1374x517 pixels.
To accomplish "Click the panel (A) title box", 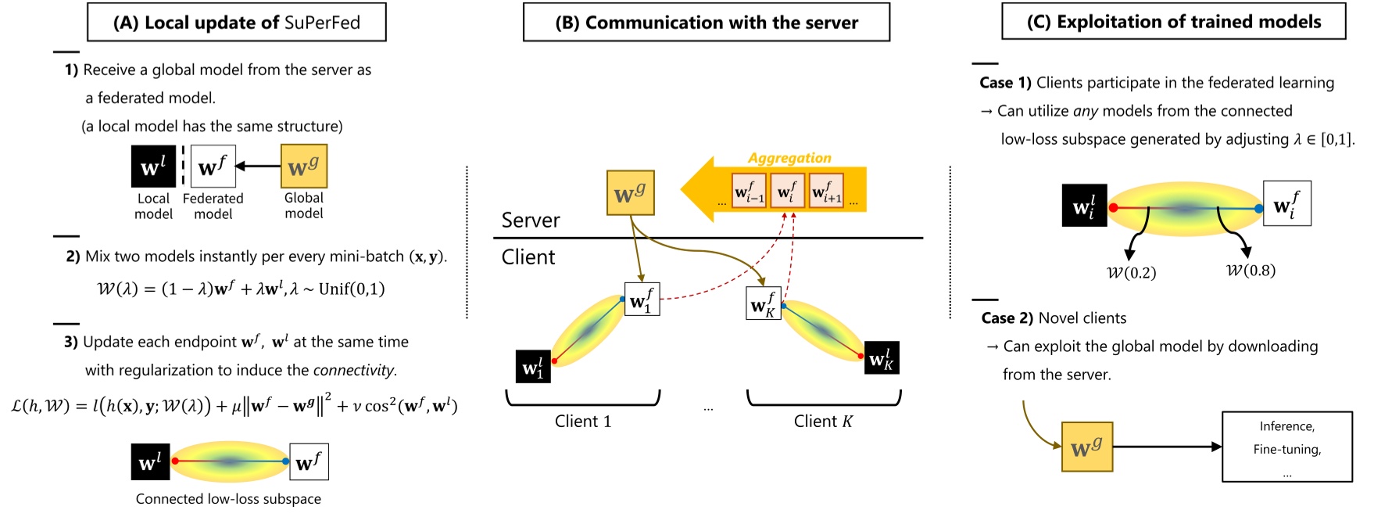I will (236, 23).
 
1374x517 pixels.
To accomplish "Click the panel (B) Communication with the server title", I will (706, 23).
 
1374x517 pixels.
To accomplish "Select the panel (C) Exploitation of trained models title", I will (1173, 22).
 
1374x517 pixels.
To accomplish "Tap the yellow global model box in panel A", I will (303, 166).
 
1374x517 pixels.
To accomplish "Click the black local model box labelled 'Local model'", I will (153, 167).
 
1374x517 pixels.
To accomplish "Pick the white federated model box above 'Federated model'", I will (213, 167).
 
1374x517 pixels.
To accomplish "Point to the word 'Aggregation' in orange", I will (789, 158).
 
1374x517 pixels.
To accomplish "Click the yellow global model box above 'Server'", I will (630, 193).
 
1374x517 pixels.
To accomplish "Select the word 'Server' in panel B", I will (530, 221).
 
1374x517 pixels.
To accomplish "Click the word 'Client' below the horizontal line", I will (528, 257).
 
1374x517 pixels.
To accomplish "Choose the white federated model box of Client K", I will (763, 303).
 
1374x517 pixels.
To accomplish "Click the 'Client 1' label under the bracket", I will (582, 422).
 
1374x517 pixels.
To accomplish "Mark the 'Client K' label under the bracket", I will (823, 422).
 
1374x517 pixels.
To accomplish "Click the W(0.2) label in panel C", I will (1131, 273).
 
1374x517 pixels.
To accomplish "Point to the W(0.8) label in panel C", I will (1251, 271).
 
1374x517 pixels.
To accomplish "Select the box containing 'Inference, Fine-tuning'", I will (1286, 447).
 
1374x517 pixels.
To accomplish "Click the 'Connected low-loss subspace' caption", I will (228, 499).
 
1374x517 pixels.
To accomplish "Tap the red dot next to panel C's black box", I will (1113, 208).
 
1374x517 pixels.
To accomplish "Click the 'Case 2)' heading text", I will (1007, 318).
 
